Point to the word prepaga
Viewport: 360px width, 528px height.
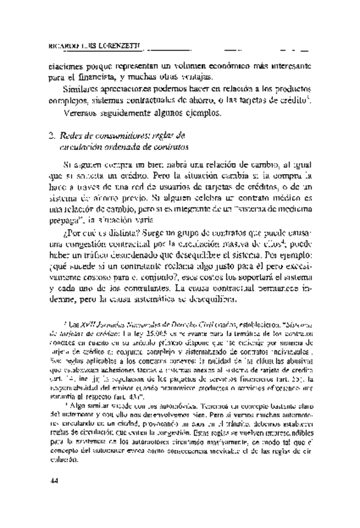point(65,220)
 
